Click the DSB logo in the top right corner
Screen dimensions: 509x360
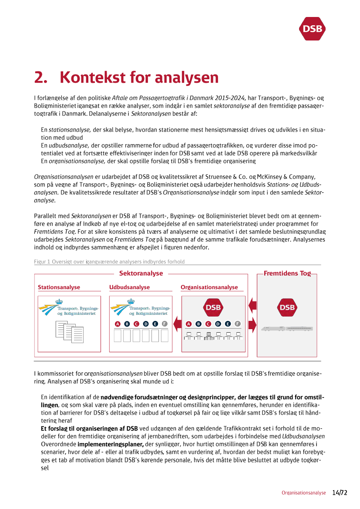pos(313,29)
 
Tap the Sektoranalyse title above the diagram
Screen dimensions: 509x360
pos(141,273)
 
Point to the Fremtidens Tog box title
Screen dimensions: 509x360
pos(287,273)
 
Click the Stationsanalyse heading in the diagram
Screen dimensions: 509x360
pos(59,287)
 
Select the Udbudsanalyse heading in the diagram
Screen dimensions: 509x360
pos(129,287)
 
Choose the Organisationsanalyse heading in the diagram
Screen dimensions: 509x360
pos(209,287)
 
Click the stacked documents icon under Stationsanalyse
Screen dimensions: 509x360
pos(69,332)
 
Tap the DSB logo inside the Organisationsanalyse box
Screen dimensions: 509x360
pos(213,307)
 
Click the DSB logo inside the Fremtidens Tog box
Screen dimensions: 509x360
pos(287,307)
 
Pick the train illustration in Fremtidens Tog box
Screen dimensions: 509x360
pos(287,328)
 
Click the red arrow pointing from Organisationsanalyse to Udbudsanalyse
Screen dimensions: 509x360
pos(177,324)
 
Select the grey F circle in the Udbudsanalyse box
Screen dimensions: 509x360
pos(164,324)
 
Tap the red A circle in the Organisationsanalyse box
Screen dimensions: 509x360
pos(188,324)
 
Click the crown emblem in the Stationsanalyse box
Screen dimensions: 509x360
pos(59,301)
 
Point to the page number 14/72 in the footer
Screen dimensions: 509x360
pos(340,493)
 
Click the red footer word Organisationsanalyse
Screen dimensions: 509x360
pos(303,493)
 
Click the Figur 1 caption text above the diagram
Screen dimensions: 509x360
pos(109,262)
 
